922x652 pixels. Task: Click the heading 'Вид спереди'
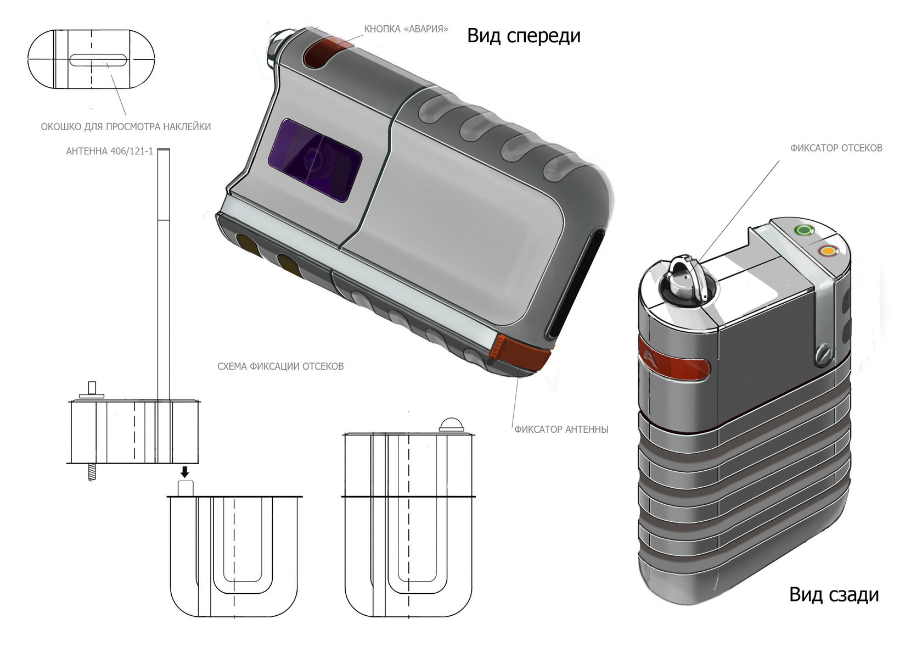point(524,36)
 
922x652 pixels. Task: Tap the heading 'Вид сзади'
point(834,594)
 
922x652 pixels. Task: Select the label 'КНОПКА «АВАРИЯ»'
point(406,29)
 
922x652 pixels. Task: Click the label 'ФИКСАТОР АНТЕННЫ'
point(561,430)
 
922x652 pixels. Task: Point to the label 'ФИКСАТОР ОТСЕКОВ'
point(836,148)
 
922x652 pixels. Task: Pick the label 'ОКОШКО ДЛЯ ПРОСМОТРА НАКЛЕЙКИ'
point(126,127)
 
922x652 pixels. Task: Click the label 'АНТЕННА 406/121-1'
point(109,151)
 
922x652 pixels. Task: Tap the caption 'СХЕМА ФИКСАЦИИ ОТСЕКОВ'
point(280,366)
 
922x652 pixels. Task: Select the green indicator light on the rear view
point(805,230)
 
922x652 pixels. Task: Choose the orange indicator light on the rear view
point(828,252)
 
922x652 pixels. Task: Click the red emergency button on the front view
point(323,54)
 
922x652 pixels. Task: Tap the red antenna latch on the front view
point(524,354)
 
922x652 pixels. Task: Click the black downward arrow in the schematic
point(185,472)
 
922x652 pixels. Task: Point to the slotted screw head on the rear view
point(824,353)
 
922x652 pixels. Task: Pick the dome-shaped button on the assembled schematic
point(451,425)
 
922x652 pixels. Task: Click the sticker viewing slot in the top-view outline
point(99,60)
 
